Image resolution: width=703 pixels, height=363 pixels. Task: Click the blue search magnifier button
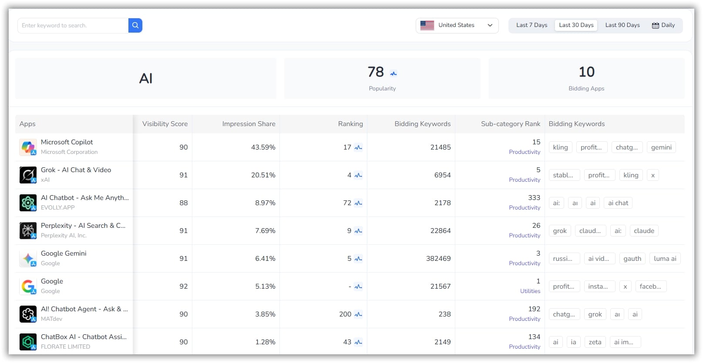(135, 25)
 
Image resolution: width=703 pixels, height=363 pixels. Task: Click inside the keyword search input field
(73, 25)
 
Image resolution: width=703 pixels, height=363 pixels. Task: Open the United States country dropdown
(457, 25)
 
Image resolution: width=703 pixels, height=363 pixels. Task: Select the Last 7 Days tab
(531, 25)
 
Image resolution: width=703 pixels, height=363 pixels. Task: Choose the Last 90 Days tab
(622, 25)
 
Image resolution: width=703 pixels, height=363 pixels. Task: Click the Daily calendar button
(663, 25)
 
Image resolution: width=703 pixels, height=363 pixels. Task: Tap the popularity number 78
(376, 72)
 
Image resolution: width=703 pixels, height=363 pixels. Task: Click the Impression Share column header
(249, 124)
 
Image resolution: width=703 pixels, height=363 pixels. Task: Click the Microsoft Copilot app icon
(28, 147)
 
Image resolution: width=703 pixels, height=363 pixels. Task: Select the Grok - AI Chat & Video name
(76, 170)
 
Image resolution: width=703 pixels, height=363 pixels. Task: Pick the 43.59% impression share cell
(263, 147)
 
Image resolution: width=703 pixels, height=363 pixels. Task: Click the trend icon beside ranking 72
(358, 203)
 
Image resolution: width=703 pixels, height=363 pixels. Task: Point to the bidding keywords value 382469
(438, 259)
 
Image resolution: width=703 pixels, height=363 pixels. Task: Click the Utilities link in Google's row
(530, 291)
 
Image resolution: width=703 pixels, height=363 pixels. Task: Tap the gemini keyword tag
(661, 147)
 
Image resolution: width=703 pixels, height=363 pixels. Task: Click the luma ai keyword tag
(665, 259)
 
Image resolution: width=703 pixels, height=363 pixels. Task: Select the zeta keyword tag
(595, 342)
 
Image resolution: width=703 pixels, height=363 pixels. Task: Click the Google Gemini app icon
(28, 259)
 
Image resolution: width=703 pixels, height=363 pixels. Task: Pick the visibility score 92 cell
(183, 286)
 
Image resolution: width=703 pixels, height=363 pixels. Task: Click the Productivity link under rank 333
(524, 208)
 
